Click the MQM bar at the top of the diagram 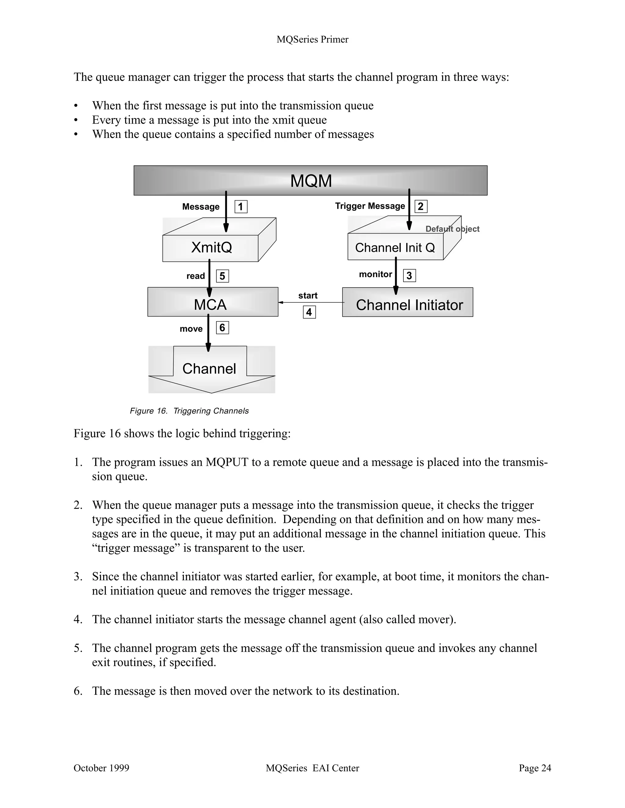[311, 180]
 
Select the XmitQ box [211, 248]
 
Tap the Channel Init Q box [395, 247]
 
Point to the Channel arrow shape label [209, 368]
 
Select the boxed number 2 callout [421, 206]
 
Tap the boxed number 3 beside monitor [410, 276]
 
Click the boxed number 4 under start [309, 312]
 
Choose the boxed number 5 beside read [222, 276]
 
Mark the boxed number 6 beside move [222, 328]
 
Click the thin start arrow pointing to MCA [311, 303]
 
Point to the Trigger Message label [370, 206]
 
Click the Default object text [452, 229]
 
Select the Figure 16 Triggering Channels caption [189, 411]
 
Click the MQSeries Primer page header [312, 40]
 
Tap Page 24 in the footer [534, 768]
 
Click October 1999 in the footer [101, 768]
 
